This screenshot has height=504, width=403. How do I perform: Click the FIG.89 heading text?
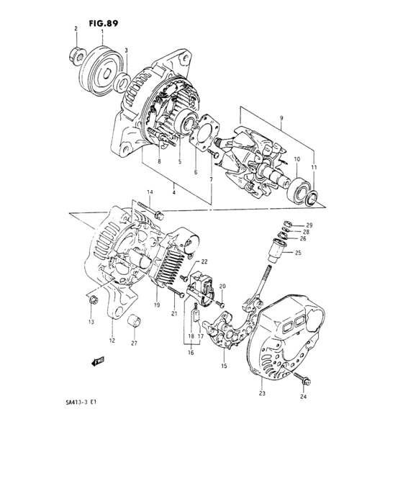coord(104,22)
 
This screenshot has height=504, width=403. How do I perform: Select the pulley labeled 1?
coord(100,68)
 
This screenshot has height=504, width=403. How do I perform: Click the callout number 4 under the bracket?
coord(174,193)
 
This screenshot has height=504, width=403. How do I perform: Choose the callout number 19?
coord(155,305)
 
